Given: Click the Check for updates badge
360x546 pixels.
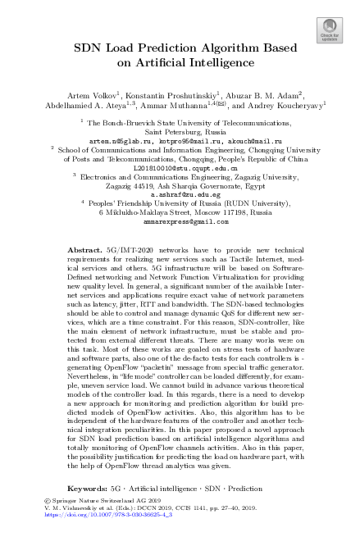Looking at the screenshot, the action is (x=330, y=31).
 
